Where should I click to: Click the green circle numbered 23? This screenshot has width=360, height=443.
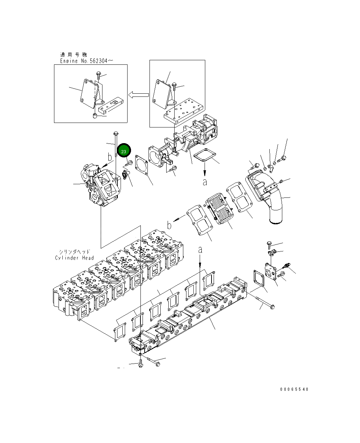pos(124,151)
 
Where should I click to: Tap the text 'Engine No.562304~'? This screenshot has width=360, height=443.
pos(86,61)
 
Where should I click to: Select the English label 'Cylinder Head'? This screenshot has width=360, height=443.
pos(74,258)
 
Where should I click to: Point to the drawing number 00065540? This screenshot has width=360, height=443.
pos(294,389)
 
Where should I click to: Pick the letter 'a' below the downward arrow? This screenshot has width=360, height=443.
pos(205,182)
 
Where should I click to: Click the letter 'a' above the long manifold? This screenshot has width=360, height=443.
pos(200,250)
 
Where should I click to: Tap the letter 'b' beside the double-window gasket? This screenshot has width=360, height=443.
pos(169,225)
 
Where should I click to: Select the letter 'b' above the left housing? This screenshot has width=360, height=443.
pos(110,157)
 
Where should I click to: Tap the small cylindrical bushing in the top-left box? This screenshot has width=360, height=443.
pos(94,116)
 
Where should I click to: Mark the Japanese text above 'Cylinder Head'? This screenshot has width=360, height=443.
pos(74,252)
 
